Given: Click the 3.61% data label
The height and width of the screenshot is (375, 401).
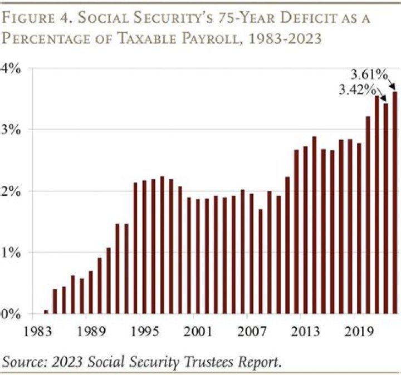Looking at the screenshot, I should pyautogui.click(x=368, y=73).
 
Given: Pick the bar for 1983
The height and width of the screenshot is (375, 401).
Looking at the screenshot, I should pyautogui.click(x=46, y=312).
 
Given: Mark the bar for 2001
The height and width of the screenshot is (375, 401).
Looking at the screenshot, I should pyautogui.click(x=198, y=256).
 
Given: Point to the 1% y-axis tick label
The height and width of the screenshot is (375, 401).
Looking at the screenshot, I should pyautogui.click(x=11, y=252).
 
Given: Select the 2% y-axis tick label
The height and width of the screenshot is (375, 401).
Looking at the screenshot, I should pyautogui.click(x=11, y=191).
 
